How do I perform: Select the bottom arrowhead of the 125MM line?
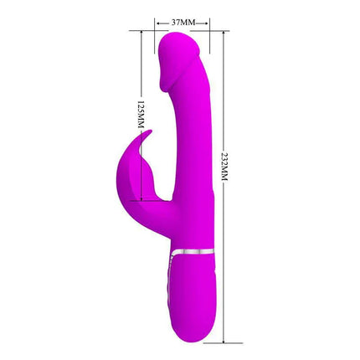coord(139,197)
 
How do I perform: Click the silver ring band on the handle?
coord(193,249)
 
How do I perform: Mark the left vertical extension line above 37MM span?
coord(156,25)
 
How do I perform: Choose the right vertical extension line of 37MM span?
coord(208,25)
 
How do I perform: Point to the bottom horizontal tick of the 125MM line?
coord(139,201)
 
